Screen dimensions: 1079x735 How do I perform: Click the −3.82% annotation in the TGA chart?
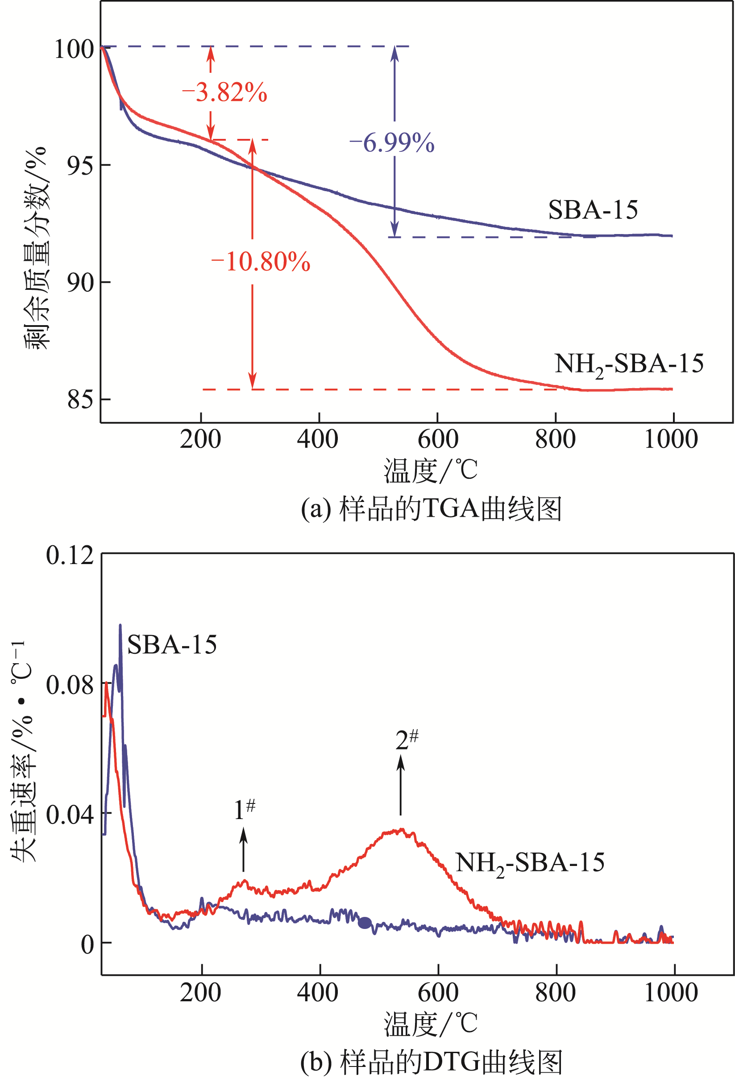[224, 92]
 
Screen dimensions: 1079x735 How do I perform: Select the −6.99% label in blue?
[392, 142]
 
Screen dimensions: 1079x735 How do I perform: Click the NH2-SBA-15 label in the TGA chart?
[629, 364]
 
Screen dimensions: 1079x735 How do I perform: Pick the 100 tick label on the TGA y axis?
[74, 49]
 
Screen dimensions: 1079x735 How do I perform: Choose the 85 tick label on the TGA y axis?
[80, 399]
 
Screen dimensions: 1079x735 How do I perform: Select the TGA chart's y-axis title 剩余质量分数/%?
[36, 248]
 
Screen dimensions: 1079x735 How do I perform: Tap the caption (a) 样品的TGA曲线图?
[431, 508]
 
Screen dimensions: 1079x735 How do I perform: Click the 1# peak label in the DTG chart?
[245, 810]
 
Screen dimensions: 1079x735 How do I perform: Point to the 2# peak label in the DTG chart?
[407, 740]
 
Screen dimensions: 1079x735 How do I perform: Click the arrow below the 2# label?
[400, 785]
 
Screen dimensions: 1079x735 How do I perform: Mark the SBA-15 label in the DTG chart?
[172, 645]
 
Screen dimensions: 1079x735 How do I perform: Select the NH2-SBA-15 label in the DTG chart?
[530, 863]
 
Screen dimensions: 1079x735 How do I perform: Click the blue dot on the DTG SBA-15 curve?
[365, 923]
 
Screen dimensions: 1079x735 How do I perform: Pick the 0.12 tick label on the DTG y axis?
[70, 555]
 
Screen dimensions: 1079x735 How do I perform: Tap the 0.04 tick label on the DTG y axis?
[70, 815]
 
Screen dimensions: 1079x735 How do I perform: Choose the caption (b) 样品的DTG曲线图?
[431, 1061]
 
